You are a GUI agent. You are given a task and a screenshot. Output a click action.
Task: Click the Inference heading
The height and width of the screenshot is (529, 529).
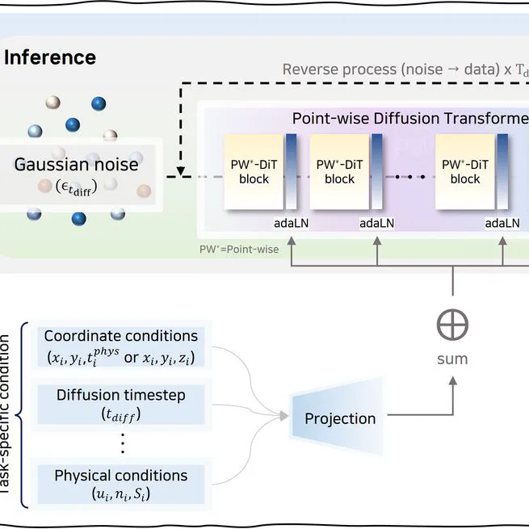coord(50,57)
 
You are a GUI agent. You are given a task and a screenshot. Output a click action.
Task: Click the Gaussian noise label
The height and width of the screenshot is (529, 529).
coord(76,165)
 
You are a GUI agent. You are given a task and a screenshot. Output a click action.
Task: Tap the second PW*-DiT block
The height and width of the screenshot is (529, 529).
coord(339,171)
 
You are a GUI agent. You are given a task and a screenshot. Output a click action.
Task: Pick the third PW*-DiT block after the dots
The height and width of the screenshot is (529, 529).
coord(465,171)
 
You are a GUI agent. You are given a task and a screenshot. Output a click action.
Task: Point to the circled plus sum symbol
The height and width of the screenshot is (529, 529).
coord(452,325)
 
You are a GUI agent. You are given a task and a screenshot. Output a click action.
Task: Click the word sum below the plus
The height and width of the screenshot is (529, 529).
coord(452,358)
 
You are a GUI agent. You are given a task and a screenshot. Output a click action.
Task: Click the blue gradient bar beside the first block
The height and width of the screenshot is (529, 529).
coord(291,171)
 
